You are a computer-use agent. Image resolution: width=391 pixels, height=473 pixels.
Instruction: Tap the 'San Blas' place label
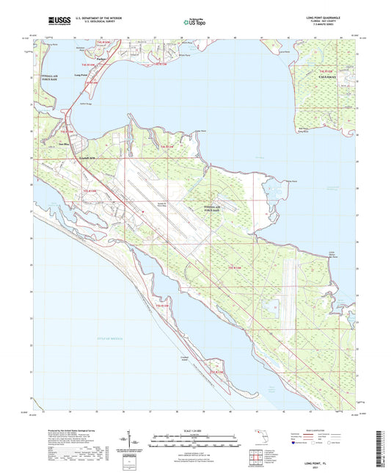pyautogui.click(x=64, y=144)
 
